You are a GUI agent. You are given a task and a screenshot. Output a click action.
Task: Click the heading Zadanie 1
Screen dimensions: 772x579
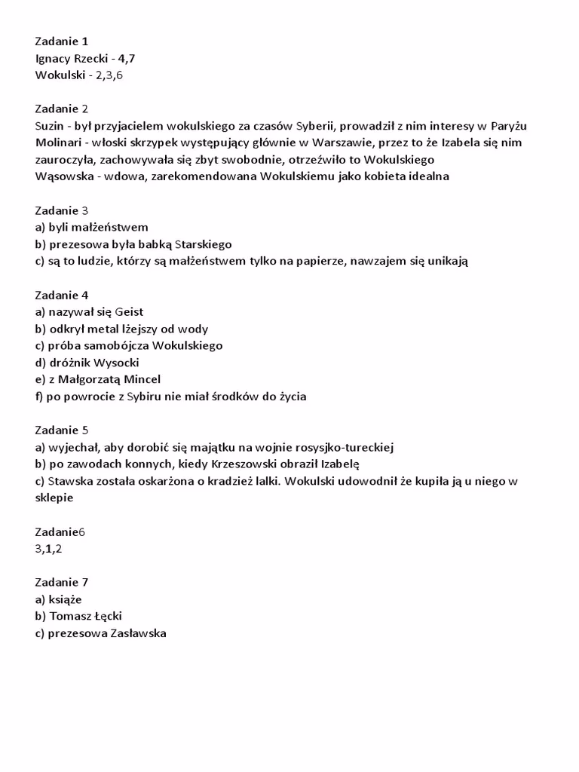pos(62,41)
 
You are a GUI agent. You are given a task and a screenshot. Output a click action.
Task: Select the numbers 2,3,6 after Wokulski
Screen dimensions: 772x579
pos(109,75)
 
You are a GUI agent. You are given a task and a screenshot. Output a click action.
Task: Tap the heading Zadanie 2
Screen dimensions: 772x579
pos(62,109)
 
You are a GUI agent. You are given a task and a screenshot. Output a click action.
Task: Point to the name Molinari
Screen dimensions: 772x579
pos(59,142)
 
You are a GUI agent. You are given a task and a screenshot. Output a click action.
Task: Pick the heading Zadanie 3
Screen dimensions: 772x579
pos(62,210)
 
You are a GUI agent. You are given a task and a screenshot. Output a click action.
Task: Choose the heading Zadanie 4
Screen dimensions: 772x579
pos(62,295)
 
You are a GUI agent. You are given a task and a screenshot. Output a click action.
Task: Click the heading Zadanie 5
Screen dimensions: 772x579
pos(62,430)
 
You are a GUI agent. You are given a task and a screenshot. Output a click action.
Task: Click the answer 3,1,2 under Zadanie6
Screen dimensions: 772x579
pos(48,549)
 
